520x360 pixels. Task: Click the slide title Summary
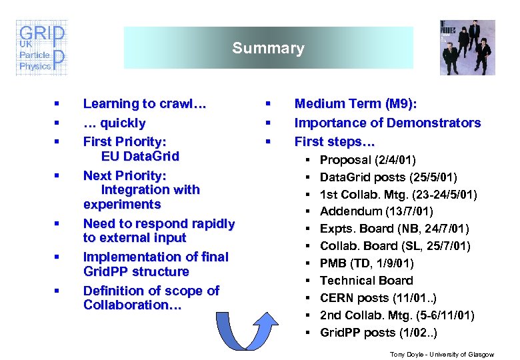[x=268, y=48]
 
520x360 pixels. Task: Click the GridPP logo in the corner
[x=41, y=48]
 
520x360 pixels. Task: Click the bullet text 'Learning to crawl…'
[x=145, y=104]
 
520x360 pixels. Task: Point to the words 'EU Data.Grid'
[x=140, y=157]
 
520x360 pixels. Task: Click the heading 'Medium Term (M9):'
[x=356, y=104]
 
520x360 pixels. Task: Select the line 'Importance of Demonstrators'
[x=387, y=123]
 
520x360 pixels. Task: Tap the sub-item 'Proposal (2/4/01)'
[x=368, y=160]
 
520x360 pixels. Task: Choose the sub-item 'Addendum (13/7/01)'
[x=376, y=211]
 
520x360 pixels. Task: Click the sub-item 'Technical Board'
[x=366, y=281]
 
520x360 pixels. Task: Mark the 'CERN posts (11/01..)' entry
[x=378, y=298]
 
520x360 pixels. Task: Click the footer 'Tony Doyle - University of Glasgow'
[x=442, y=355]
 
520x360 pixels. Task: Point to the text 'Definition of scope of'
[x=151, y=291]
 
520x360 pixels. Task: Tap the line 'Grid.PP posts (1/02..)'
[x=379, y=333]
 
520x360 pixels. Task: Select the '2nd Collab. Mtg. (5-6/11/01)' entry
[x=397, y=315]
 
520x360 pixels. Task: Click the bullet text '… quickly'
[x=114, y=123]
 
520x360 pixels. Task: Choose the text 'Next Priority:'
[x=124, y=175]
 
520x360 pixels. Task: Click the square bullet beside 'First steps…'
[x=267, y=141]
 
